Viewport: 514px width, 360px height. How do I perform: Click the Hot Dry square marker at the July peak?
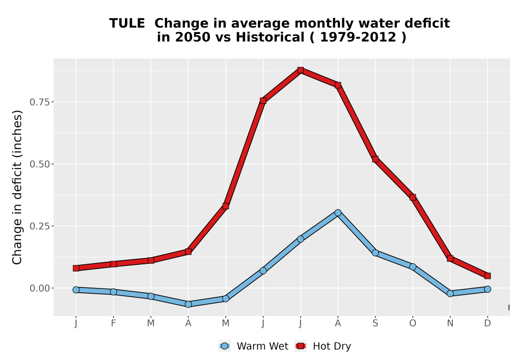[300, 70]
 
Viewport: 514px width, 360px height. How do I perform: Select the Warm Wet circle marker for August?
[338, 213]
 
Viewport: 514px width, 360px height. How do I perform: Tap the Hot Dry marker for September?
[375, 159]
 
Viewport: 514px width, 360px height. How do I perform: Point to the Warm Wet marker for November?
[450, 294]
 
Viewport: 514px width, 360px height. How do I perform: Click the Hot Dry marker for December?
[487, 276]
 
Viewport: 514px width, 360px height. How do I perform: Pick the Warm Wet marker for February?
[114, 292]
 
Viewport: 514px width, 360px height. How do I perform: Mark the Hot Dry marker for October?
[413, 197]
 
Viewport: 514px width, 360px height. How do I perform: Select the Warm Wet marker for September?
[375, 253]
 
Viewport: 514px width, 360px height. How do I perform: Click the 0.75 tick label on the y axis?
[40, 102]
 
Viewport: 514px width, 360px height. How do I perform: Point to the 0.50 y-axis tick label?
[40, 164]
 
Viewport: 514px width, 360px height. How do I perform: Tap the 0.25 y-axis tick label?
[40, 226]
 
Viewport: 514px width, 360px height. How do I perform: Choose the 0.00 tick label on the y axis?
[40, 288]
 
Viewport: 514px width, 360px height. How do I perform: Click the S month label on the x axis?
[375, 323]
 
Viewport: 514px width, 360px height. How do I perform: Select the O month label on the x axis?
[413, 323]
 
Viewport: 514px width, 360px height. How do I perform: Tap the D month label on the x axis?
[487, 323]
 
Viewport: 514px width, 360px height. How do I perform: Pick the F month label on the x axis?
[114, 323]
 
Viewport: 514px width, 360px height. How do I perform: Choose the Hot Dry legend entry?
[323, 346]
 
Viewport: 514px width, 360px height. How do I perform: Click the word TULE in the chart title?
[127, 24]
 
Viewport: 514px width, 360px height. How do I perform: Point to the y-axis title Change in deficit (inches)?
[17, 187]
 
